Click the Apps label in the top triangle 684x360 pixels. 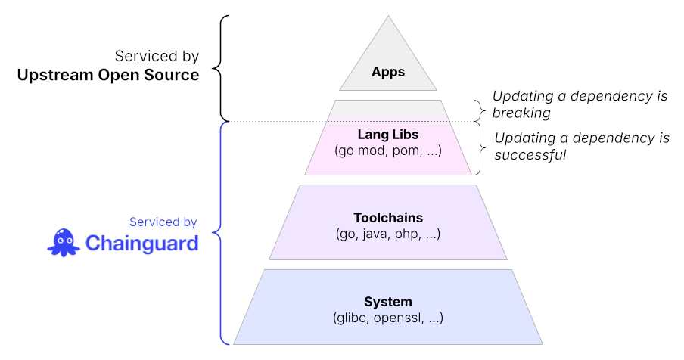(388, 73)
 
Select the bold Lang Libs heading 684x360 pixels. (387, 135)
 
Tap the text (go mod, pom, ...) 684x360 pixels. (387, 151)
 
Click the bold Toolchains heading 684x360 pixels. (387, 218)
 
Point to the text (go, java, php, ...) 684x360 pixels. (387, 234)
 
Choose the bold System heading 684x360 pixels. (387, 302)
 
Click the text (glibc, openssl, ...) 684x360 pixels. (387, 318)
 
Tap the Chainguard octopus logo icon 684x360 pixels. (63, 242)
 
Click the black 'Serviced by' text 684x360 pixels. (157, 56)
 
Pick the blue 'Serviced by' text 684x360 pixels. (163, 222)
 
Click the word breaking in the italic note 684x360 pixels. (521, 113)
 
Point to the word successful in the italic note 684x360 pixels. (530, 155)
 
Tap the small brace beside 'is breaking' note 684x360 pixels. (478, 110)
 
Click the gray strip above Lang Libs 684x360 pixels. (387, 110)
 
